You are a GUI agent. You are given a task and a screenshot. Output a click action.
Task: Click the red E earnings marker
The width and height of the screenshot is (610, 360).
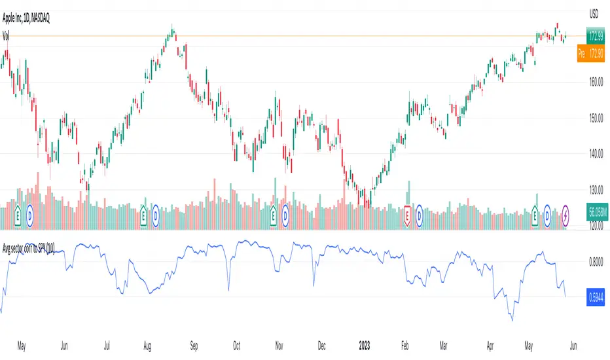coord(407,213)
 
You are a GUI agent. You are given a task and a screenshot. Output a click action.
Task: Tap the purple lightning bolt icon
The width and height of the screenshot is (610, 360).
coord(565,213)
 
